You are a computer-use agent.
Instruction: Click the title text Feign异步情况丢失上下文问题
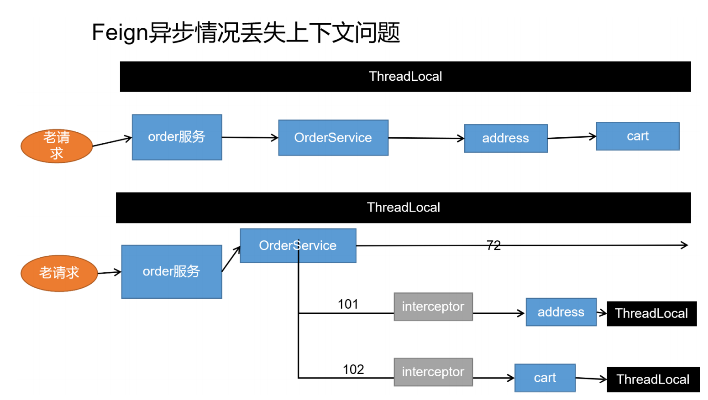pyautogui.click(x=246, y=33)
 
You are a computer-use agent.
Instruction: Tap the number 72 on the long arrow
pyautogui.click(x=493, y=246)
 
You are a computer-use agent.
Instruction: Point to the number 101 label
pyautogui.click(x=348, y=304)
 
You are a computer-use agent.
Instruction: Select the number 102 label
pyautogui.click(x=353, y=369)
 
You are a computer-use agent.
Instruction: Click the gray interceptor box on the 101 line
pyautogui.click(x=433, y=307)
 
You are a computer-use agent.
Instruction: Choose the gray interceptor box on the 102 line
pyautogui.click(x=433, y=372)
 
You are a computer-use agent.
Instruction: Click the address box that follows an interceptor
pyautogui.click(x=561, y=312)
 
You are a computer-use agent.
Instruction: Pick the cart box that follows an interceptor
pyautogui.click(x=545, y=378)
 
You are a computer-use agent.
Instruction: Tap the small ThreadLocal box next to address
pyautogui.click(x=651, y=314)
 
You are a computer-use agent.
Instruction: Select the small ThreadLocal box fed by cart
pyautogui.click(x=653, y=379)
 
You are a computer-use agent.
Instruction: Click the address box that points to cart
pyautogui.click(x=506, y=138)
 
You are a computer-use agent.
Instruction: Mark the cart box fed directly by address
pyautogui.click(x=638, y=136)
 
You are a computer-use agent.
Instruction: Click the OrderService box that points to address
pyautogui.click(x=333, y=138)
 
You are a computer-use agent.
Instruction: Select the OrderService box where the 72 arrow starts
pyautogui.click(x=298, y=245)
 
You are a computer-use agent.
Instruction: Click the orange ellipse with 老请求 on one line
pyautogui.click(x=59, y=273)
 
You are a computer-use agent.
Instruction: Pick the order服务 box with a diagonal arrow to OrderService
pyautogui.click(x=172, y=272)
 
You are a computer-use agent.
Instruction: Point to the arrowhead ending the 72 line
pyautogui.click(x=684, y=245)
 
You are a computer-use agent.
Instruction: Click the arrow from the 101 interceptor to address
pyautogui.click(x=499, y=313)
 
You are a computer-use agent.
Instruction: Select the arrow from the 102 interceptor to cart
pyautogui.click(x=493, y=378)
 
